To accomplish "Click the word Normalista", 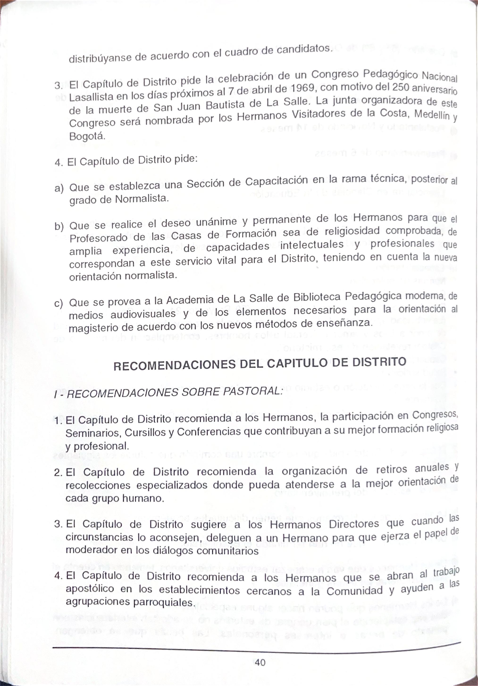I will (142, 199).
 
